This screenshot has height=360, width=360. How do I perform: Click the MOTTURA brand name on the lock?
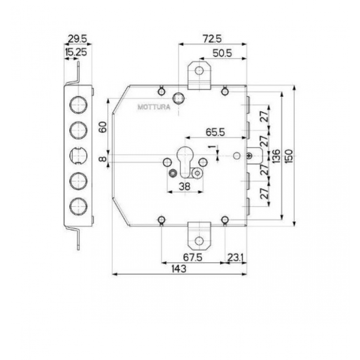(154, 107)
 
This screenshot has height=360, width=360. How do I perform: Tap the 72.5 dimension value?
(212, 39)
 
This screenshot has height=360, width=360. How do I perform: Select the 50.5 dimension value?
(223, 53)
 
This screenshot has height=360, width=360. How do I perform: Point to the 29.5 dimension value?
(78, 39)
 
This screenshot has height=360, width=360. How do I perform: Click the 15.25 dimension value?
(76, 52)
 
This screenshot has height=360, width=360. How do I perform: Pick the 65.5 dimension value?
(215, 132)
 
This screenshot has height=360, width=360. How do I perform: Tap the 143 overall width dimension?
(179, 268)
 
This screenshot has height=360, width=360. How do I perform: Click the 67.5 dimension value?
(192, 257)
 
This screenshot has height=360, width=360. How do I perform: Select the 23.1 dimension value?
(236, 257)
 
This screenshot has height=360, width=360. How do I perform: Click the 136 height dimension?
(276, 156)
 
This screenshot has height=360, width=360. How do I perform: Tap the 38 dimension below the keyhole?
(185, 187)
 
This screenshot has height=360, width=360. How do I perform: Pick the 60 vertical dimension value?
(103, 127)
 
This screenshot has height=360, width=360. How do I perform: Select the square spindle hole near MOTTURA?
(179, 99)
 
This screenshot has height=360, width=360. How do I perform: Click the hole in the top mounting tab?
(199, 70)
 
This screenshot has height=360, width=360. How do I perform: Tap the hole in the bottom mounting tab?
(199, 241)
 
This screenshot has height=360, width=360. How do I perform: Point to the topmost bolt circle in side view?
(79, 105)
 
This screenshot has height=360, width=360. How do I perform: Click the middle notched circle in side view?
(79, 156)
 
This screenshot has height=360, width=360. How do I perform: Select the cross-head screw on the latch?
(249, 156)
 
